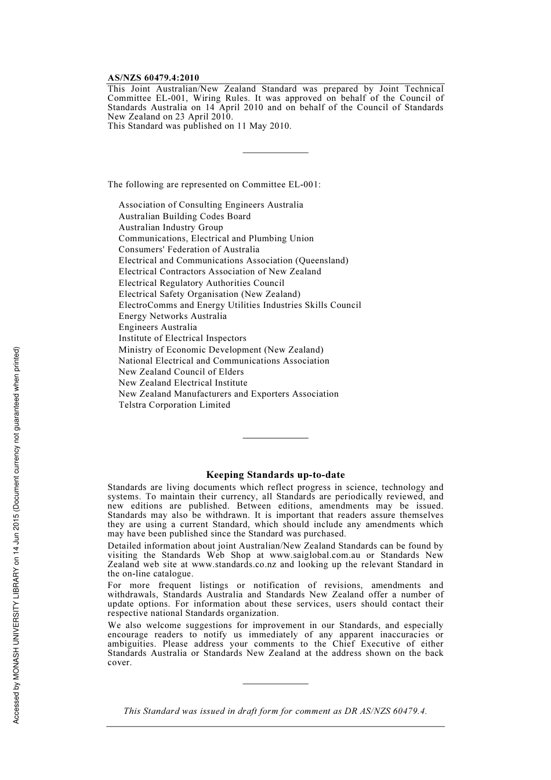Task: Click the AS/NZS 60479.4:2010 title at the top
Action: coord(153,78)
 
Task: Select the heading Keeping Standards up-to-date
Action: coord(275,475)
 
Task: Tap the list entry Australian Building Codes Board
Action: coord(184,216)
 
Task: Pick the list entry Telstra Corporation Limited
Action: coord(174,405)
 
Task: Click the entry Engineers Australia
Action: coord(158,327)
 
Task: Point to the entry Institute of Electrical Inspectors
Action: coord(182,338)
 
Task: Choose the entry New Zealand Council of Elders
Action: coord(181,372)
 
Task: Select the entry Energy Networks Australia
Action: coord(172,316)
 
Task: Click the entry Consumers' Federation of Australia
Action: coord(189,249)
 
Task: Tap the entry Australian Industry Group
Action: coord(171,227)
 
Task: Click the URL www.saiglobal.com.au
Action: coord(315,555)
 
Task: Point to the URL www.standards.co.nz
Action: coord(234,564)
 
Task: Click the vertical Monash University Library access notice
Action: coord(17,535)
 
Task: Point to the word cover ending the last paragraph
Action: coord(119,662)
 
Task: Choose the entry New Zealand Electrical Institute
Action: coord(183,383)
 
